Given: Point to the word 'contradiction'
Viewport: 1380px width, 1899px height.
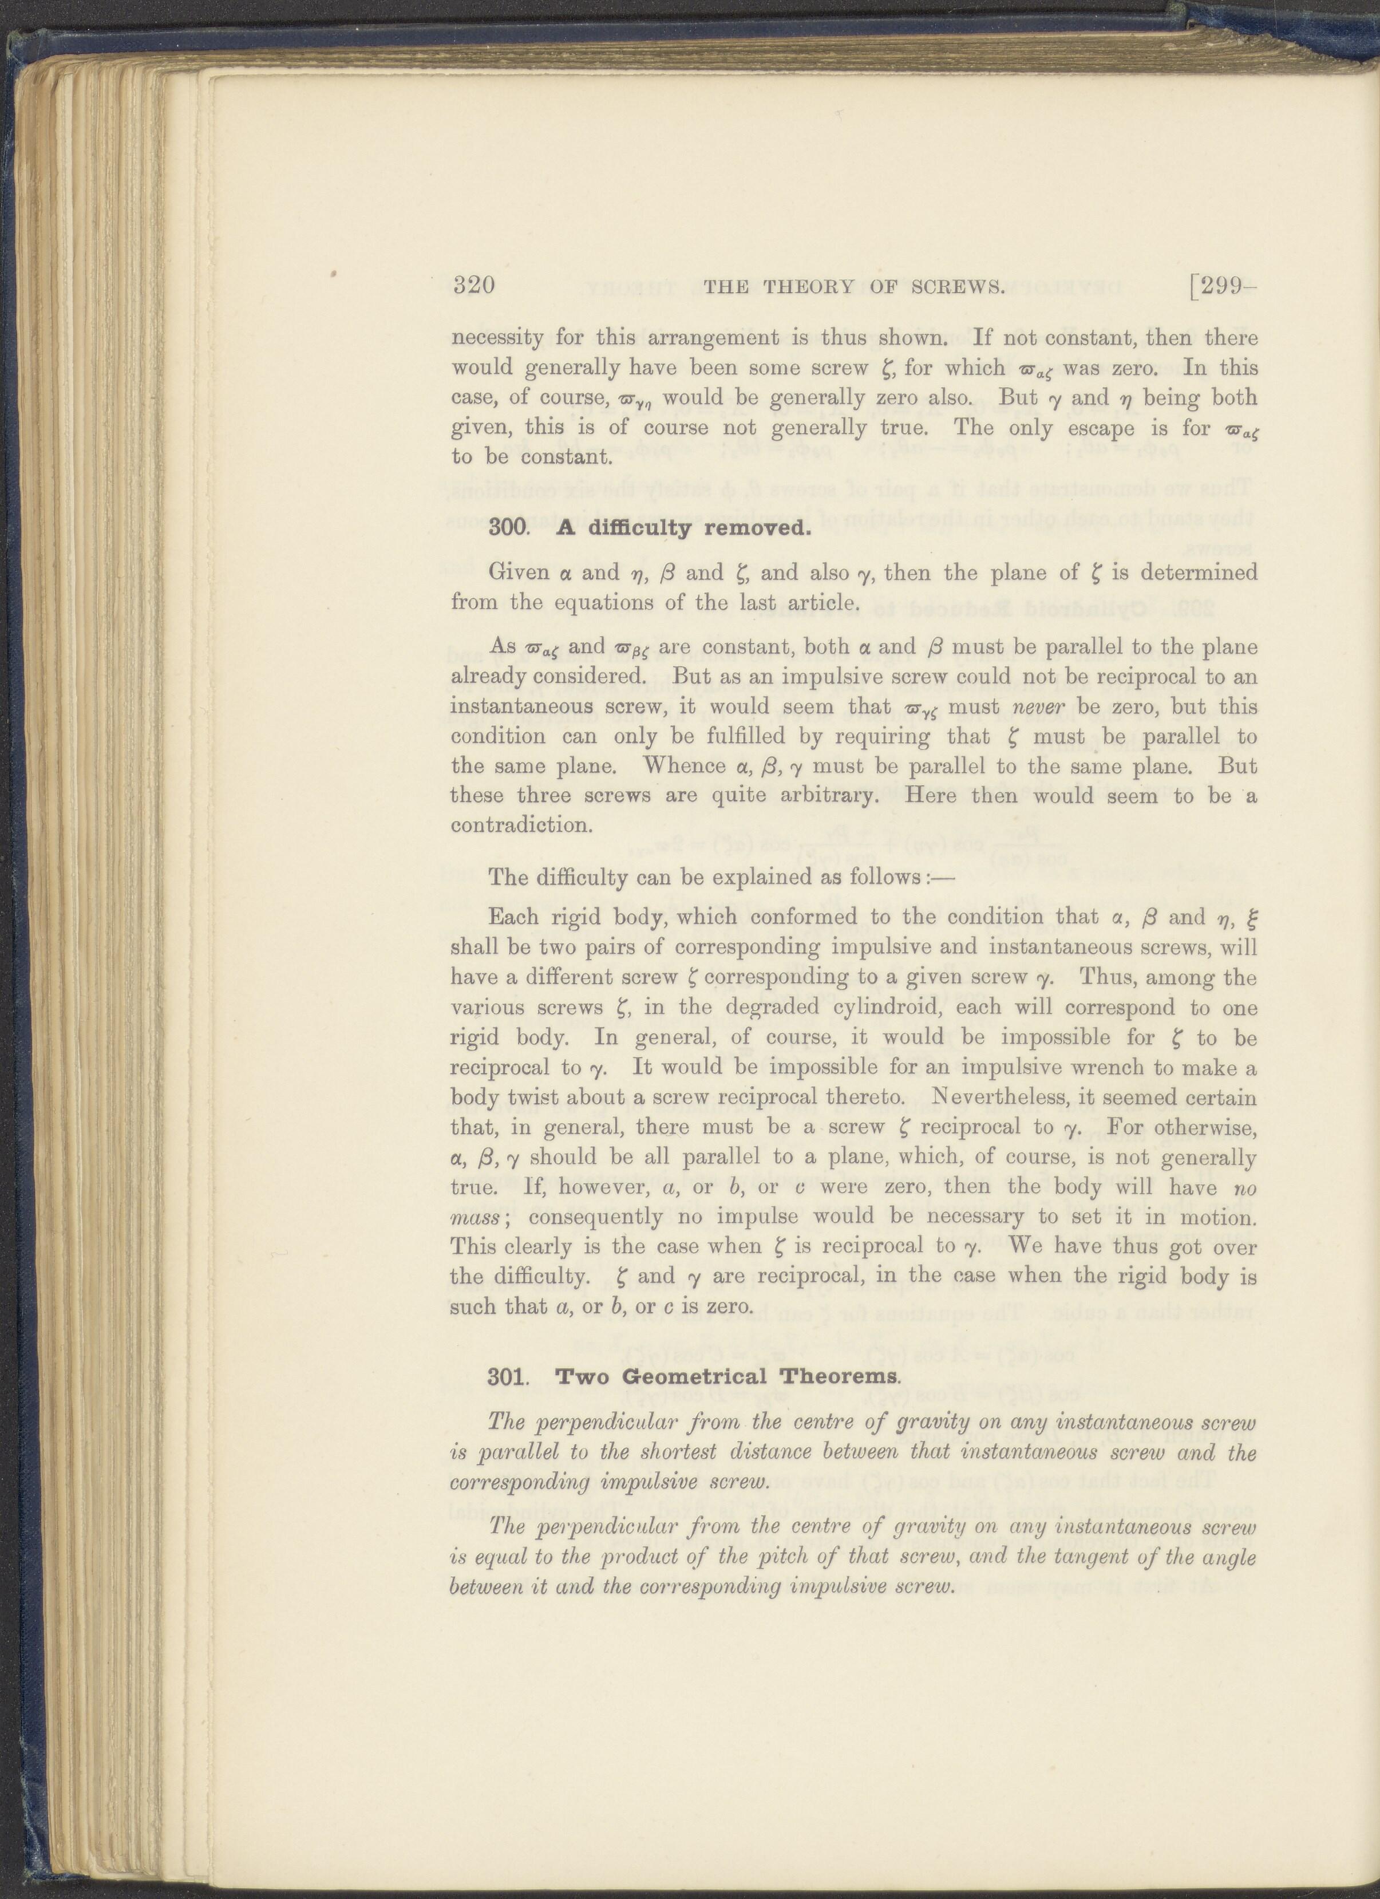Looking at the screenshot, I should click(x=521, y=825).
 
